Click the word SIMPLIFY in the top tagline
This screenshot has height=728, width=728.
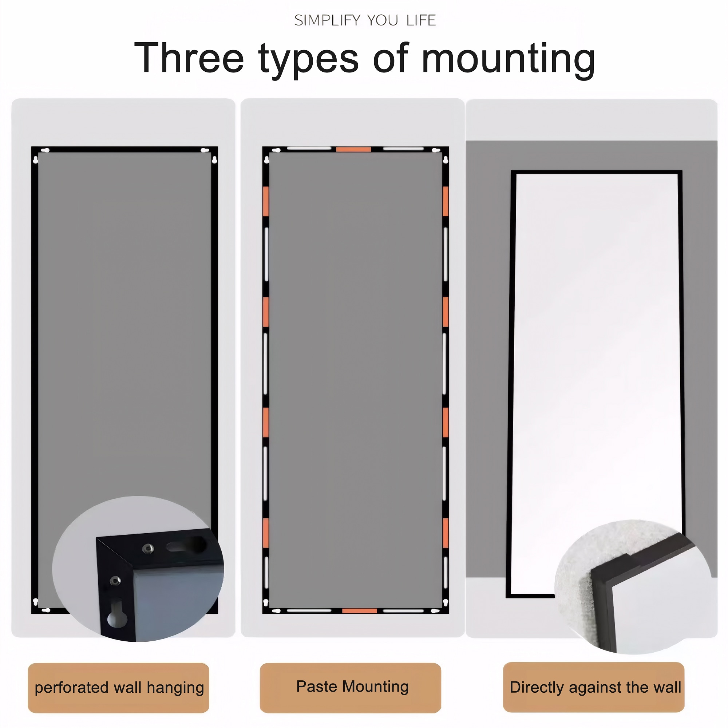[x=327, y=20]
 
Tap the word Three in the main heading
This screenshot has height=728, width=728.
[x=189, y=58]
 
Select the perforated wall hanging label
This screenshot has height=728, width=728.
[x=119, y=687]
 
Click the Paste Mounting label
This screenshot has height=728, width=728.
[x=352, y=687]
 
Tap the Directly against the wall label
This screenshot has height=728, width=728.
[x=595, y=687]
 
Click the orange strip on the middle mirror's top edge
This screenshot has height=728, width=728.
[x=353, y=150]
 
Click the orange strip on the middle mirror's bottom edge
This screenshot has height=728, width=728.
[x=359, y=610]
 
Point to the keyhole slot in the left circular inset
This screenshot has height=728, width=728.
[x=117, y=613]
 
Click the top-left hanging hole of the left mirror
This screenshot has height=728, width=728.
[x=45, y=150]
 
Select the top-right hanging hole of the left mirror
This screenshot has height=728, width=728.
[x=205, y=150]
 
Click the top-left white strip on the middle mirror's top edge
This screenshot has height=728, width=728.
[x=309, y=149]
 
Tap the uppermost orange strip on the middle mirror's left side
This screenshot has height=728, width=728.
[x=266, y=201]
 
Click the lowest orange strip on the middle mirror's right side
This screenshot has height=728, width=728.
[x=446, y=533]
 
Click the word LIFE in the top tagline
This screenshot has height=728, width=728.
[x=420, y=20]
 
